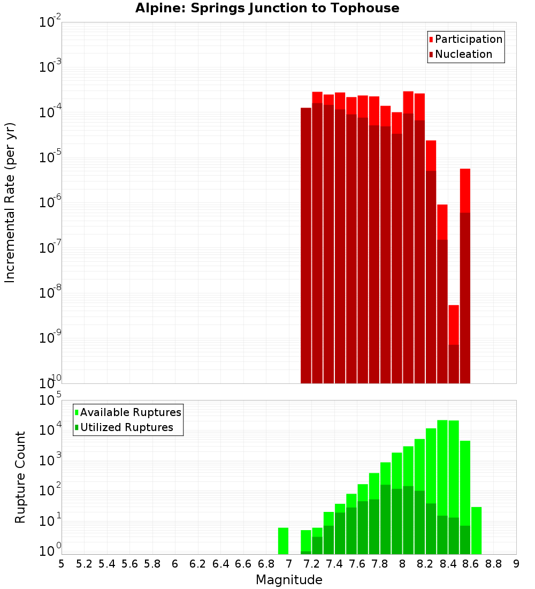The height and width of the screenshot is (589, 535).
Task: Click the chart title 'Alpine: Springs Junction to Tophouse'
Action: (x=267, y=8)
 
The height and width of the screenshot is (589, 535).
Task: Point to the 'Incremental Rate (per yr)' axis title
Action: (x=10, y=203)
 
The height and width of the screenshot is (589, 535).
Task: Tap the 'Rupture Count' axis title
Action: (x=20, y=477)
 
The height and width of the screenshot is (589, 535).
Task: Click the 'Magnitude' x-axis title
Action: (x=289, y=580)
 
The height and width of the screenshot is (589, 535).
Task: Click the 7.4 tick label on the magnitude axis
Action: (x=334, y=564)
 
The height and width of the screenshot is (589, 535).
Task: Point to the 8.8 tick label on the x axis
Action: (x=493, y=564)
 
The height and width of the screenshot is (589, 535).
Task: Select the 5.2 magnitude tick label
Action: (x=85, y=564)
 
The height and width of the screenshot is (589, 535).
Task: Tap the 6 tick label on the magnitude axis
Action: (x=175, y=564)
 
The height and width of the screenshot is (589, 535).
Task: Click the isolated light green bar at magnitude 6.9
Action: (x=283, y=541)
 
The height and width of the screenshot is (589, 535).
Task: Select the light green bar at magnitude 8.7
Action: (x=476, y=530)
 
